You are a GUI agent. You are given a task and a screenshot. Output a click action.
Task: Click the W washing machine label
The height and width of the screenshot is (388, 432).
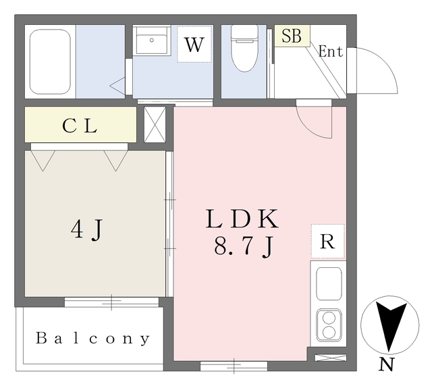click(x=194, y=45)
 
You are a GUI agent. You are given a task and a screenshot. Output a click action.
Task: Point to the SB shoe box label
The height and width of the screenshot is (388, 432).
click(x=292, y=36)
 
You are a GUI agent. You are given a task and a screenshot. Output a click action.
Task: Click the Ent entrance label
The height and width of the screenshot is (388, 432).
click(x=330, y=51)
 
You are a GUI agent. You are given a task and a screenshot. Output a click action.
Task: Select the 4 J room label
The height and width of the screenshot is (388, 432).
click(x=88, y=230)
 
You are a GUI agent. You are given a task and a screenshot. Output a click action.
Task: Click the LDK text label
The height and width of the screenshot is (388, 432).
click(x=242, y=219)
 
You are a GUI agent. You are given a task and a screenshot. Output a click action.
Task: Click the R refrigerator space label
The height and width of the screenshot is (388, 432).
click(x=327, y=242)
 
